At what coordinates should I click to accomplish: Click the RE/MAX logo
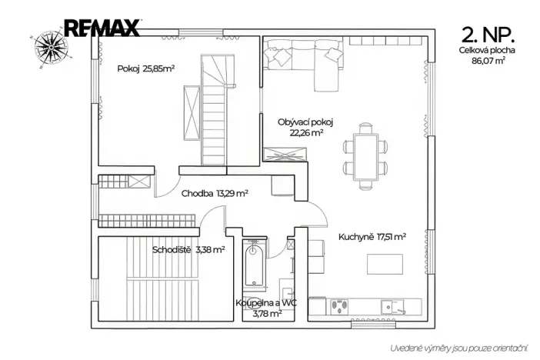tap(102, 28)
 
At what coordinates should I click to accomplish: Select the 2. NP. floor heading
tap(488, 35)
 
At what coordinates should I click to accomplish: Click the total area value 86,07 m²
tap(488, 61)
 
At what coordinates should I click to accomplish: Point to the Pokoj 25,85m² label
tap(146, 68)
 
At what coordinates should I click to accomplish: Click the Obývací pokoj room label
tap(305, 122)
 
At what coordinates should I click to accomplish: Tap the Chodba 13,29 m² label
tap(215, 193)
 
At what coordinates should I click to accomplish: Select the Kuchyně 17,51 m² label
tap(372, 237)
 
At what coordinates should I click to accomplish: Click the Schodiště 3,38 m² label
tap(188, 249)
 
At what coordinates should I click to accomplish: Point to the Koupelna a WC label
tap(266, 303)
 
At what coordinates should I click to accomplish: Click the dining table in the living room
tap(365, 156)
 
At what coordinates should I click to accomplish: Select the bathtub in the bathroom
tap(254, 264)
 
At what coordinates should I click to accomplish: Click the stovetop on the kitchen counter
tap(339, 307)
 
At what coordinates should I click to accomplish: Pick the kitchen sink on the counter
tap(392, 307)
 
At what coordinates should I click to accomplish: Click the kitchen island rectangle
tap(385, 264)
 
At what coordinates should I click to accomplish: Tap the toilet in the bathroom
tap(253, 301)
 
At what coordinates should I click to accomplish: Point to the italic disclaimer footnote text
tap(458, 348)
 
